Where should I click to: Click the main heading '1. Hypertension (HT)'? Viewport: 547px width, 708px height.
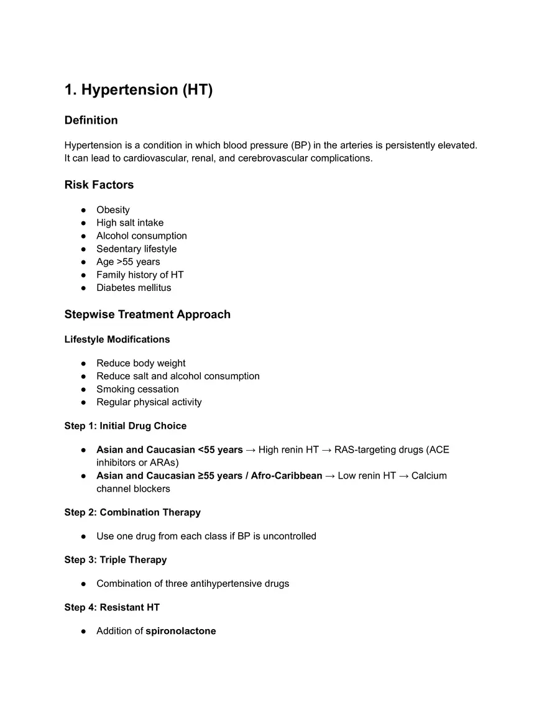click(139, 90)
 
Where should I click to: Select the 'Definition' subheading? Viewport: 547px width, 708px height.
click(91, 120)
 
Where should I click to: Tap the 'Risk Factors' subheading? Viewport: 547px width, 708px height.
click(99, 185)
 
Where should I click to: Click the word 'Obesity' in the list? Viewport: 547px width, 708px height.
click(113, 210)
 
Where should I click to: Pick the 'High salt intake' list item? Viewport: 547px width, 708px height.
click(130, 223)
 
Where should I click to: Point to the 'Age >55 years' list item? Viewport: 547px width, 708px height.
click(128, 262)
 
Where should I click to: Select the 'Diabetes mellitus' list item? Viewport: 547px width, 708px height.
click(134, 288)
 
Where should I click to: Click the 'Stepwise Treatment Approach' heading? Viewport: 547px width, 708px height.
click(147, 315)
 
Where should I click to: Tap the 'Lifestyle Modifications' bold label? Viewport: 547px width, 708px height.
click(117, 339)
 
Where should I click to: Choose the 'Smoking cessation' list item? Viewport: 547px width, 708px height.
click(137, 389)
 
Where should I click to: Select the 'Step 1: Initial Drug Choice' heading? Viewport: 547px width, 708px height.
click(126, 426)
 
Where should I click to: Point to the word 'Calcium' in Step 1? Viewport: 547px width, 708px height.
click(429, 476)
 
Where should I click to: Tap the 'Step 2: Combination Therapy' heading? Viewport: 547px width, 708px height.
click(132, 512)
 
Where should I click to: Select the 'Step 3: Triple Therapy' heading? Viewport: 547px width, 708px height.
click(116, 559)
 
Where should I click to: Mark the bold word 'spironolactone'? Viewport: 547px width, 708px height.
click(181, 631)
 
